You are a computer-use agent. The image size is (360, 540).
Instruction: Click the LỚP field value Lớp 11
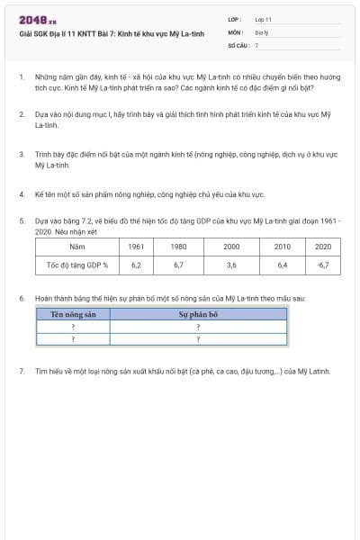click(264, 19)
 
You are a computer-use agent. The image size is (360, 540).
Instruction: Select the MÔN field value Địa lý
click(262, 31)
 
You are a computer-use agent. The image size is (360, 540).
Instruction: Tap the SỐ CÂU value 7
click(256, 44)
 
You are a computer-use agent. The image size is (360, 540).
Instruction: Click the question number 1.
click(22, 78)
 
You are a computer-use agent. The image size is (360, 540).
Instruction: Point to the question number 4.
click(22, 193)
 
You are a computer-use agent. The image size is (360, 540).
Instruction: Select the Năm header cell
click(76, 247)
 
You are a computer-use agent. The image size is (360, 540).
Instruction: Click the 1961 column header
click(136, 247)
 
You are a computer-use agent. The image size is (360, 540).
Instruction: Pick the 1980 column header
click(178, 247)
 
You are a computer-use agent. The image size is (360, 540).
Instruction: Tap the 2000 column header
click(231, 247)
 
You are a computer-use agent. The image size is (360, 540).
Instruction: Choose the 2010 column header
click(282, 247)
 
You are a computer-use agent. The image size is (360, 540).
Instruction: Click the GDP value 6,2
click(136, 265)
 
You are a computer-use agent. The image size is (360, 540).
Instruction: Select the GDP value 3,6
click(231, 265)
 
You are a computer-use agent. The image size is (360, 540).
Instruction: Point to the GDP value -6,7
click(323, 265)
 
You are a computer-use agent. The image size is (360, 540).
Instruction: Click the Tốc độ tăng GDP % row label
click(76, 265)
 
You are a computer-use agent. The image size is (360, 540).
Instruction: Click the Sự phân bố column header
click(197, 315)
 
